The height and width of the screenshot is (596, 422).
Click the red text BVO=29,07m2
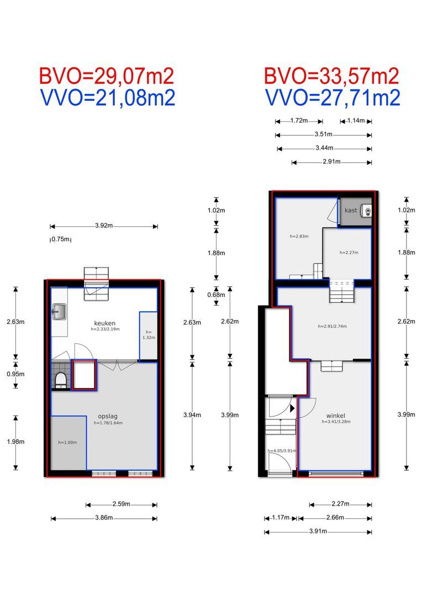point(107,76)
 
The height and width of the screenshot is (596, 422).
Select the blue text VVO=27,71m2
point(332,98)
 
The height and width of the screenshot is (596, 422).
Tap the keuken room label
point(104,323)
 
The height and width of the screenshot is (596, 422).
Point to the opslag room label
point(107,416)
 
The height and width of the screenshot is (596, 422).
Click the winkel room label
point(336,416)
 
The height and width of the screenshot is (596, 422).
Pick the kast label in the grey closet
point(351,210)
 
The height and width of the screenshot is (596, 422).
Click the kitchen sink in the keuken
point(59,312)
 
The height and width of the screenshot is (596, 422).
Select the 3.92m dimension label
point(104,225)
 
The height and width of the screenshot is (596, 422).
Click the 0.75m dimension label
point(61,240)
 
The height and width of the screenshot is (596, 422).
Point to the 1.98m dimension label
point(15,441)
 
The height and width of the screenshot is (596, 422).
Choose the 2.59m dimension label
point(122,504)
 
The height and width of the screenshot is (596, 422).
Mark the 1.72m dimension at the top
point(299,120)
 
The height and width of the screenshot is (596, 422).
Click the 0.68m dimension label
point(216,295)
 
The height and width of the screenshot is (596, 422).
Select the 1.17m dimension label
point(281,518)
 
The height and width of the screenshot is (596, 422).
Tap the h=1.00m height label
point(67,443)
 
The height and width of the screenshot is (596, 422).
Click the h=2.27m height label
point(349,252)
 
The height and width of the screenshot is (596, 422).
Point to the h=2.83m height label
point(299,236)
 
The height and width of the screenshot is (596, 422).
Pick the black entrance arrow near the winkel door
point(292,408)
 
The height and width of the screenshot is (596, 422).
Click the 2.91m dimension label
point(331,162)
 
